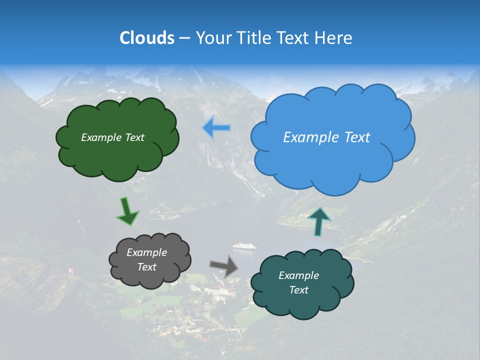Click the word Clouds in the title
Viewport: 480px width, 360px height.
coord(146,38)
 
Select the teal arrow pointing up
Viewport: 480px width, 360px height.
coord(319,221)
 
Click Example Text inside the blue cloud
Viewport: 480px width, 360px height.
coord(326,137)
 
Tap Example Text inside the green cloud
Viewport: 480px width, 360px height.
coord(112,137)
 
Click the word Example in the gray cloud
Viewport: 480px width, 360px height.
coord(146,252)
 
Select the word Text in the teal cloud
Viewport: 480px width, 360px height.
coord(298,290)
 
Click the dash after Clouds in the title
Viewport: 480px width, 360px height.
coord(184,38)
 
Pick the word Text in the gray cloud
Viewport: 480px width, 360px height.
coord(146,267)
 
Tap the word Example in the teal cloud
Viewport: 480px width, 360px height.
coord(298,275)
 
